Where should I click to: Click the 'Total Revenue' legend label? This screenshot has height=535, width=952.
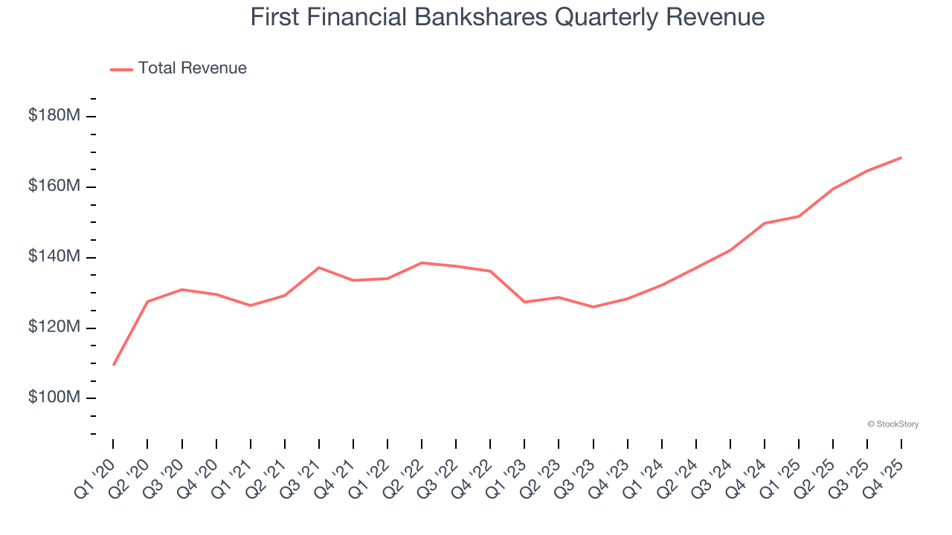click(192, 68)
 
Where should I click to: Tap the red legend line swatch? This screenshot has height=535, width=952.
click(121, 69)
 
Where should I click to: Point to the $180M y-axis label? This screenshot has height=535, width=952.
click(54, 116)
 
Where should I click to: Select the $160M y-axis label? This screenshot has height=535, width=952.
click(54, 187)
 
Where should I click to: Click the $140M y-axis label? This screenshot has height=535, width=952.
click(54, 257)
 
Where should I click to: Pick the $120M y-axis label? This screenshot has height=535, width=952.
click(54, 328)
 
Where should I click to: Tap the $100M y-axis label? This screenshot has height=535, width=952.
click(54, 398)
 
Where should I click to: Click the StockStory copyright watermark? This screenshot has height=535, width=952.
click(892, 424)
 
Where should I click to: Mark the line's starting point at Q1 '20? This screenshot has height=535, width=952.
click(113, 365)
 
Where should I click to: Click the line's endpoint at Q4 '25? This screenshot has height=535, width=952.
click(901, 158)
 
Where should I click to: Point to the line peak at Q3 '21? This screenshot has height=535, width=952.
click(318, 267)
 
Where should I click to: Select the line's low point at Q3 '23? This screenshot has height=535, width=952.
click(593, 307)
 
